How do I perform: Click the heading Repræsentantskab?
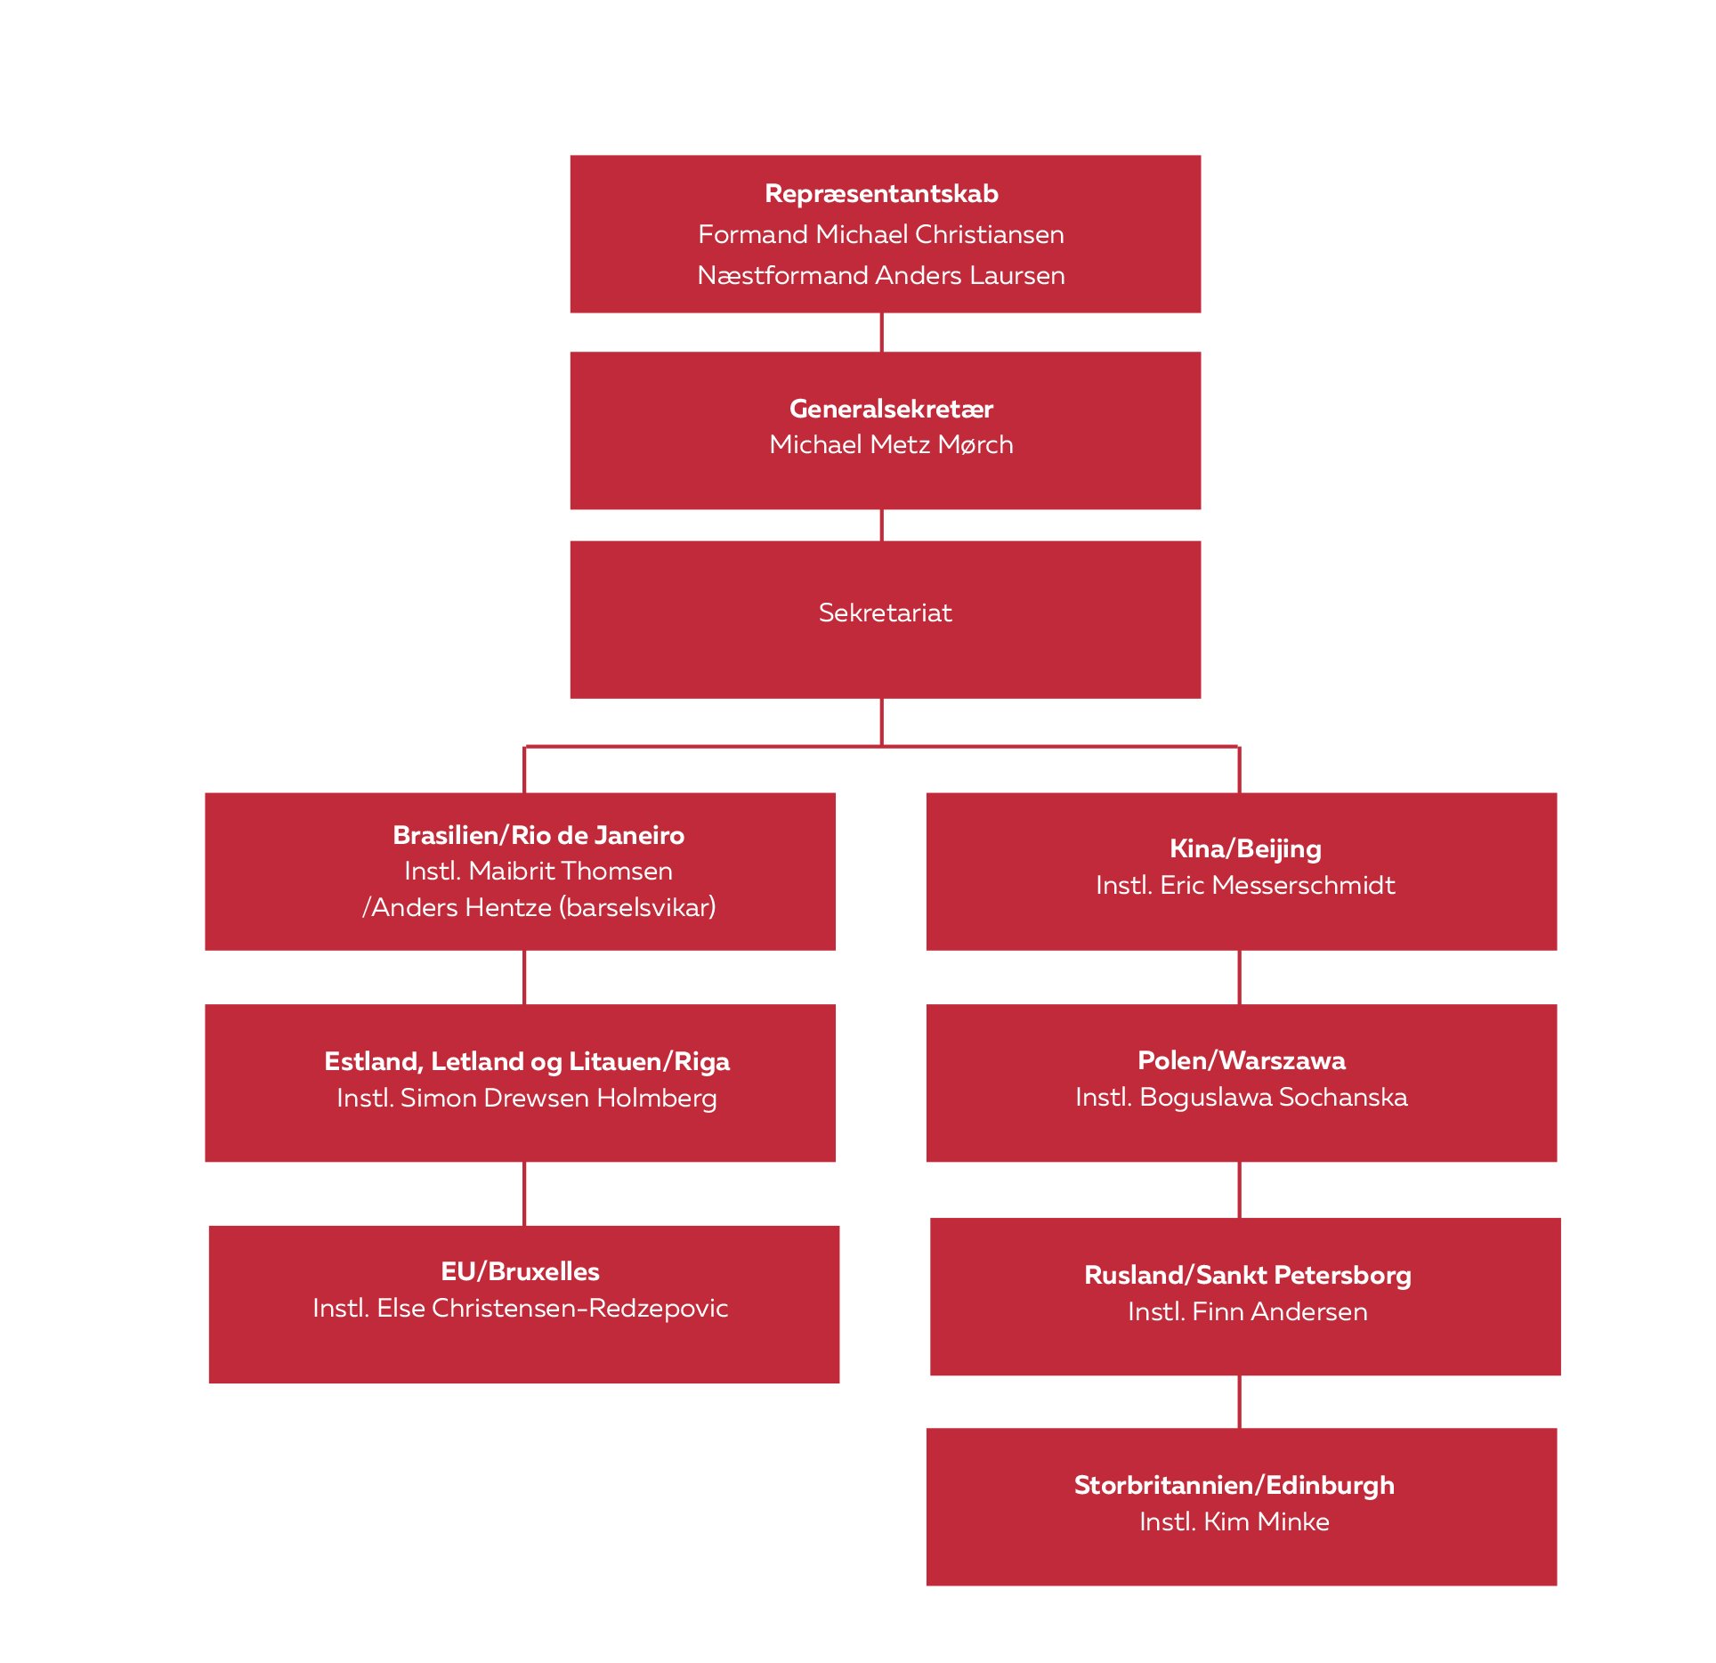coord(880,194)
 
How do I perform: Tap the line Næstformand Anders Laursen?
coord(880,275)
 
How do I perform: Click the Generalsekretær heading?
coord(890,409)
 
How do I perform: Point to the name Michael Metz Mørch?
coord(890,444)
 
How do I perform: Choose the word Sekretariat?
coord(885,612)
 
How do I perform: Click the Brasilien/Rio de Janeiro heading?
coord(538,835)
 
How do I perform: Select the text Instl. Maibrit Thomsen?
coord(538,871)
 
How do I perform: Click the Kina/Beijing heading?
coord(1244,848)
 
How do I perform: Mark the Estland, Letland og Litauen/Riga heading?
coord(526,1061)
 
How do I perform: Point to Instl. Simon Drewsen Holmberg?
coord(526,1098)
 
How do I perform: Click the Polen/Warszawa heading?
coord(1241,1060)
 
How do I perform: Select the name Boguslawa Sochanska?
coord(1273,1097)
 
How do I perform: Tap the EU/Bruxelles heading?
coord(520,1271)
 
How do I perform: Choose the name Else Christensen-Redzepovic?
coord(552,1308)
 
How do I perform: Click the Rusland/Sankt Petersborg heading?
coord(1247,1275)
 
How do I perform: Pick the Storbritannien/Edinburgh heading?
coord(1234,1485)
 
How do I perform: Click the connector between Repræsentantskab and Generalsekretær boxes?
coord(881,332)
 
